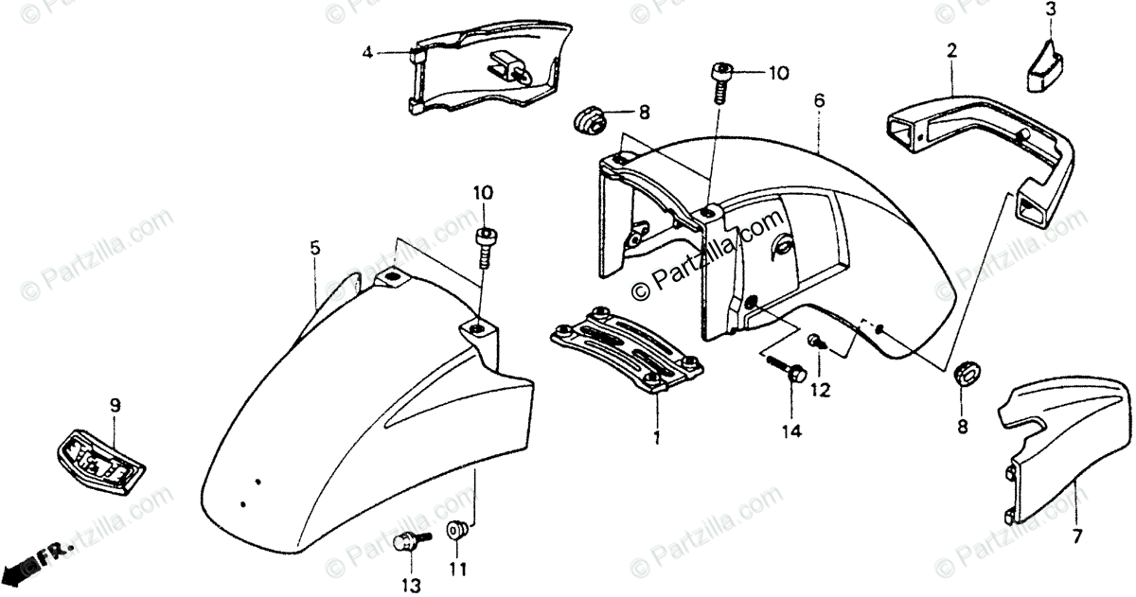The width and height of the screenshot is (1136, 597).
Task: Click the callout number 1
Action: tap(655, 438)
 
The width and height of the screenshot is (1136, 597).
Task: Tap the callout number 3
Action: tap(1050, 10)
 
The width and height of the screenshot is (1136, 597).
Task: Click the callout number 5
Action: tap(314, 248)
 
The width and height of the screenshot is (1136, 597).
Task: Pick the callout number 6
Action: tap(820, 100)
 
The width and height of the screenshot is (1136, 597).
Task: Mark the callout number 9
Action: tap(115, 406)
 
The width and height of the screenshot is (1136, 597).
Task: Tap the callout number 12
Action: tap(820, 389)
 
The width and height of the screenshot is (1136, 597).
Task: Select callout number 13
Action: tap(409, 587)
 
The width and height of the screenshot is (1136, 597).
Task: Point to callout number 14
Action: tap(790, 431)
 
